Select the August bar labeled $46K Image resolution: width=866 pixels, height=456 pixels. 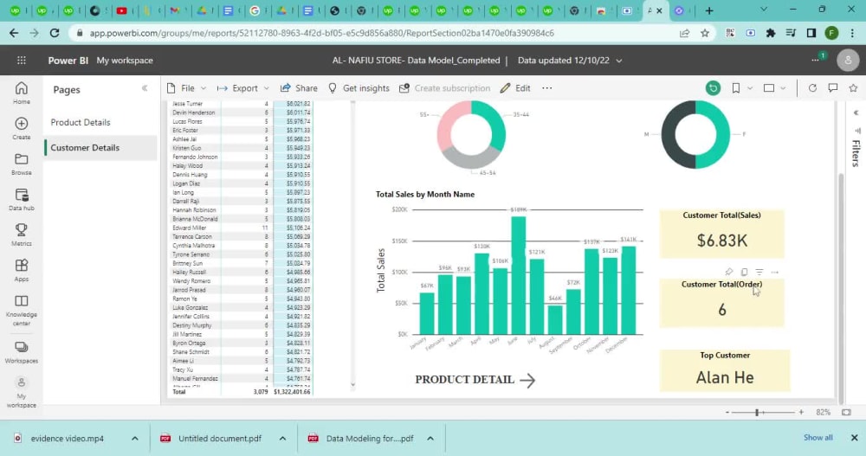tap(555, 319)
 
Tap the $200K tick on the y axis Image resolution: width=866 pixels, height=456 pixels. tap(399, 209)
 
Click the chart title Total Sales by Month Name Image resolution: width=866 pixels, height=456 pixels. tap(425, 195)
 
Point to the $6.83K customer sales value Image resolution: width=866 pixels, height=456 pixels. tap(721, 241)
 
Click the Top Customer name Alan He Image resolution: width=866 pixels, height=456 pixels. tap(724, 377)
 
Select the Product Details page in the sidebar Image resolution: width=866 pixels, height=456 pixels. tap(81, 122)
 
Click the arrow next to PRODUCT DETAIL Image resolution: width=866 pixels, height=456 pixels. tap(527, 380)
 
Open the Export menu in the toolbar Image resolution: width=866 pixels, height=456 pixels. tap(238, 88)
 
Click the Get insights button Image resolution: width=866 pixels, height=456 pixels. tap(359, 88)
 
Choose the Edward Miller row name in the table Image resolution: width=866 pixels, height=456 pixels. tap(192, 228)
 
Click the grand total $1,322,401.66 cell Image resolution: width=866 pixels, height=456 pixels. tap(292, 392)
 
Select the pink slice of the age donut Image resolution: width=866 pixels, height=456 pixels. tap(450, 127)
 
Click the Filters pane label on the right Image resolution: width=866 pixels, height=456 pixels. tap(856, 152)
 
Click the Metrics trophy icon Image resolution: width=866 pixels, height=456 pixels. tap(22, 230)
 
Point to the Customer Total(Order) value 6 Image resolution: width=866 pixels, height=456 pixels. tap(722, 310)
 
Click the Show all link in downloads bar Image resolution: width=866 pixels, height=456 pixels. tap(818, 438)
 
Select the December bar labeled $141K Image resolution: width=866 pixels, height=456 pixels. tap(629, 290)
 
